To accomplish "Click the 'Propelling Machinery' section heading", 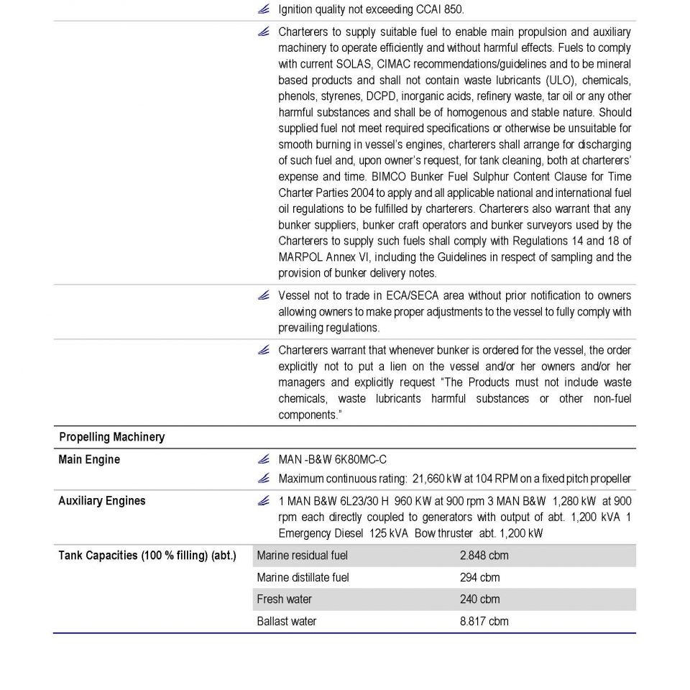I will [x=111, y=437].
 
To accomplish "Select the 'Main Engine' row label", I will [x=89, y=459].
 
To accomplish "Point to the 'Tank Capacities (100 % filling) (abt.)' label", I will [x=147, y=556].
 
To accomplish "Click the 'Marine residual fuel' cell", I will [x=302, y=556].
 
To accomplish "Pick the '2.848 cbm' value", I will [x=484, y=556].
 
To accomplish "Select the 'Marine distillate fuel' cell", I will [x=303, y=577].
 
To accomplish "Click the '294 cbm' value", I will [x=479, y=577].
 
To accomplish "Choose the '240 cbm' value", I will [x=479, y=599].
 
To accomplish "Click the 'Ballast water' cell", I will [x=286, y=621].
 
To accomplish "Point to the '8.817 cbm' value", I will [x=484, y=621].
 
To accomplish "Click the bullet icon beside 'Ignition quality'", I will [x=264, y=9].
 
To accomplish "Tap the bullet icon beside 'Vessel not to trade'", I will [x=264, y=295].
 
